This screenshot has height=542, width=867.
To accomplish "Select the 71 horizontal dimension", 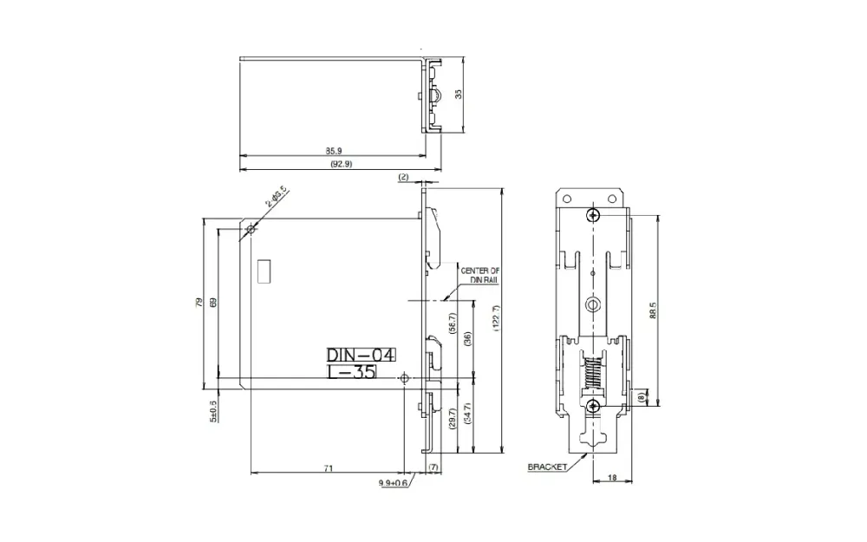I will click(329, 468).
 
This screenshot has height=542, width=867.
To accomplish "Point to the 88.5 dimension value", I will click(652, 310).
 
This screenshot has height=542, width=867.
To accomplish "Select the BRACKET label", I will click(547, 467).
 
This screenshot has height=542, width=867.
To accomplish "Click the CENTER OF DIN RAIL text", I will click(479, 275).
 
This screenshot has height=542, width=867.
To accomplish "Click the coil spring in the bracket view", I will click(593, 375).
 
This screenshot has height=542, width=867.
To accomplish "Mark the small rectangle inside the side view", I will click(264, 271).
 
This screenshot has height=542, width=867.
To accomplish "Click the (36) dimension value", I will click(467, 339).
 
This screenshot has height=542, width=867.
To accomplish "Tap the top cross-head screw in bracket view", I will click(593, 216).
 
